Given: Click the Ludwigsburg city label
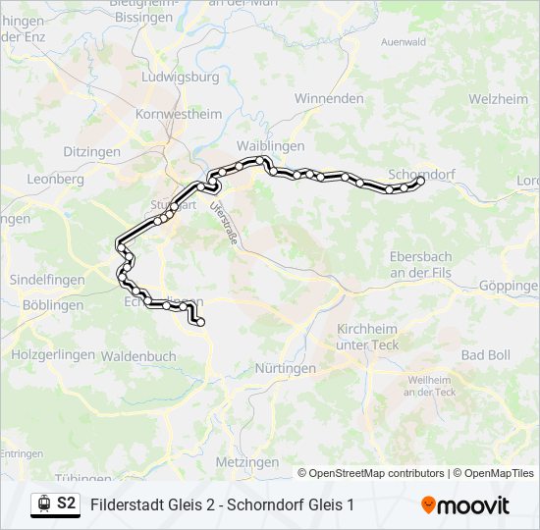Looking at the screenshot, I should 180,77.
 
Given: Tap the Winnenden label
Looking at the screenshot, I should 329,98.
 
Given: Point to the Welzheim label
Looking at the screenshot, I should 497,98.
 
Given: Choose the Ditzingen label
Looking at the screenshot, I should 91,152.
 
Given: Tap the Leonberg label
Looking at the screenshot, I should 56,180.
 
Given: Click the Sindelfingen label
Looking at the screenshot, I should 47,280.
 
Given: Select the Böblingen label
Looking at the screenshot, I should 47,305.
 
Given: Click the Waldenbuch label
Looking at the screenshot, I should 138,355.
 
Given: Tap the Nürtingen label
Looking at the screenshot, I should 286,369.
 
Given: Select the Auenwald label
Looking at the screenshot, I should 403,42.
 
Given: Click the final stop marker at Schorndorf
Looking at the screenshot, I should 421,181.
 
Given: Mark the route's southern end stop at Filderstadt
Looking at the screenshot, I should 200,322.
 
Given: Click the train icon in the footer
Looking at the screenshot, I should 43,503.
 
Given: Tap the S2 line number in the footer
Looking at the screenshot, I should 67,503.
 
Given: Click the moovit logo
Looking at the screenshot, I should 465,504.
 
